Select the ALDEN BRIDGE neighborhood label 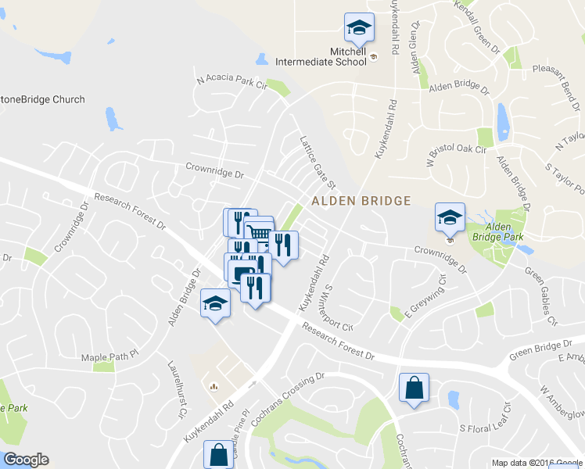pyautogui.click(x=361, y=201)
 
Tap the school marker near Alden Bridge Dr pyautogui.click(x=215, y=303)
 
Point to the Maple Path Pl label pyautogui.click(x=109, y=356)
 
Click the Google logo pyautogui.click(x=26, y=460)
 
